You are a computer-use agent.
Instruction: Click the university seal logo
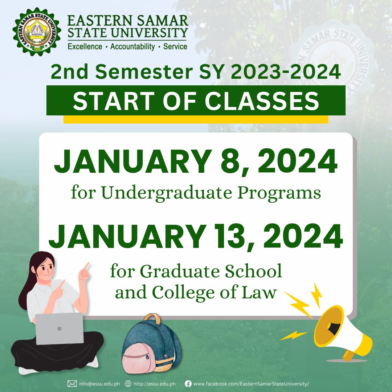pos(37,32)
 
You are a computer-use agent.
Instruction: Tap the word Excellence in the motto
pos(85,47)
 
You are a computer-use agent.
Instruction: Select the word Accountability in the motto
pos(133,47)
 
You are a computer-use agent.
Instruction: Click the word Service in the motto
pos(175,46)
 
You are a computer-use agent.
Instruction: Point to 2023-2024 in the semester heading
pos(286,72)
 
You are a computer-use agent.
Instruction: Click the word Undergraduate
pos(167,193)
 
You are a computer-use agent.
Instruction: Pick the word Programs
pos(279,193)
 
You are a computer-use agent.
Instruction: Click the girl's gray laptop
pos(59,329)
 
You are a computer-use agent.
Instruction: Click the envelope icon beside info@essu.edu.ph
pos(72,384)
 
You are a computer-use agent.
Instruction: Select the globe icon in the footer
pos(128,384)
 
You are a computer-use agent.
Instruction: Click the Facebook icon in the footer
pos(188,384)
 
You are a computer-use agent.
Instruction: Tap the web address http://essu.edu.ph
pos(155,384)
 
